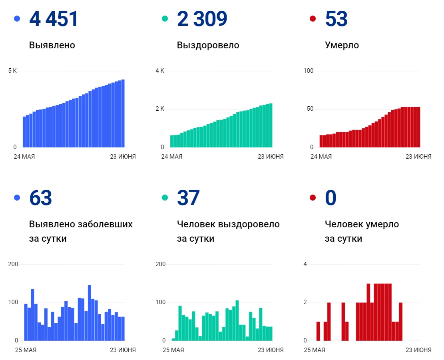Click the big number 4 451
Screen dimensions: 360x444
54,19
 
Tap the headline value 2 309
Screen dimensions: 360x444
202,19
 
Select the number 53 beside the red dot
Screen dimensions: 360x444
336,19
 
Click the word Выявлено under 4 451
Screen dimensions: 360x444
52,45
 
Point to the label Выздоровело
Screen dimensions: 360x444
208,45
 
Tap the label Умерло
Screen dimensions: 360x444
342,45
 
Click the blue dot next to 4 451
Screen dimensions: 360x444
17,18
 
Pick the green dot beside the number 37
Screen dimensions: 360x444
165,198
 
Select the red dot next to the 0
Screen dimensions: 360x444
313,198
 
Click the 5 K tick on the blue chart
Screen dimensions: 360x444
12,71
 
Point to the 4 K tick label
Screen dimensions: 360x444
160,71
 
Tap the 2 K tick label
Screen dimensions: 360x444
160,109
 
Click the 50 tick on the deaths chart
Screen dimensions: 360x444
309,109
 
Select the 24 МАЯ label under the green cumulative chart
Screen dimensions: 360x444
171,157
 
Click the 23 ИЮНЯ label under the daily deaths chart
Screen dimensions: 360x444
418,350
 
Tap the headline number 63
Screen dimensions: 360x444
40,198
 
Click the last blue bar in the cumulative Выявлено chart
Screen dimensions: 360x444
123,113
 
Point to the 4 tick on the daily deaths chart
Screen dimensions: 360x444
305,264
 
